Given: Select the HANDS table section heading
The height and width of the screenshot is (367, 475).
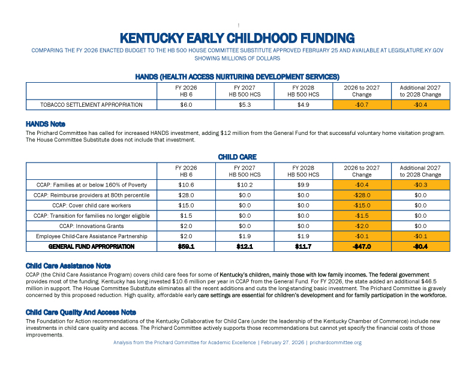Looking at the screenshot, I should (237, 77).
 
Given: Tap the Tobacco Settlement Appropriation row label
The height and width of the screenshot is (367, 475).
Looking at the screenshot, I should (91, 105).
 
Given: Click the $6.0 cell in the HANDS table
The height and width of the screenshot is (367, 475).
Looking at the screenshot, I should (186, 105).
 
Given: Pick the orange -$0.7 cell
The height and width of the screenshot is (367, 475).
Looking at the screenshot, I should (362, 105).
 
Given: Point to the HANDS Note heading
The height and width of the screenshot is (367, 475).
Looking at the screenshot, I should (45, 124).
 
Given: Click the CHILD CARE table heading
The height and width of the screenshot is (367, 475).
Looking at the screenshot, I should (237, 157).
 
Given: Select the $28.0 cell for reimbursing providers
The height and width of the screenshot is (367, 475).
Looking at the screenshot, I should (186, 195).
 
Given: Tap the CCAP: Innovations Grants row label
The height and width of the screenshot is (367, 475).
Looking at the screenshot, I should (91, 225).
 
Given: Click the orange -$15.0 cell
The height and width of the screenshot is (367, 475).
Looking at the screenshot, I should (362, 205).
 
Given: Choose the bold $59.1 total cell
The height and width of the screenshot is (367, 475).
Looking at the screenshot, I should (186, 246).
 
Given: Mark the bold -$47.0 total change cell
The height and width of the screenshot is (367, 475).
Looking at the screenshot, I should (362, 246).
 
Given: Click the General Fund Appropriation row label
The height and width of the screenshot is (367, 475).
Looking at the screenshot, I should (91, 246).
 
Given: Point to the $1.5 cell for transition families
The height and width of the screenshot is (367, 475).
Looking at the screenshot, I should (186, 215).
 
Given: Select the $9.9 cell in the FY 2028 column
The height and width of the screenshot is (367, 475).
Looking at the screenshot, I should (303, 185).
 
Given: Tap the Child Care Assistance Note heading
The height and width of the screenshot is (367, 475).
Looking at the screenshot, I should (68, 266).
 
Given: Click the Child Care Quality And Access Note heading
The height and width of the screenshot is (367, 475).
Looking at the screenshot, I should (81, 312).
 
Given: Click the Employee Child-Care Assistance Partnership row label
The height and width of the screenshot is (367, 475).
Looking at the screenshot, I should (91, 236).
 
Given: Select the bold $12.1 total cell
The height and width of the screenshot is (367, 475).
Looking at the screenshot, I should (244, 246).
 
